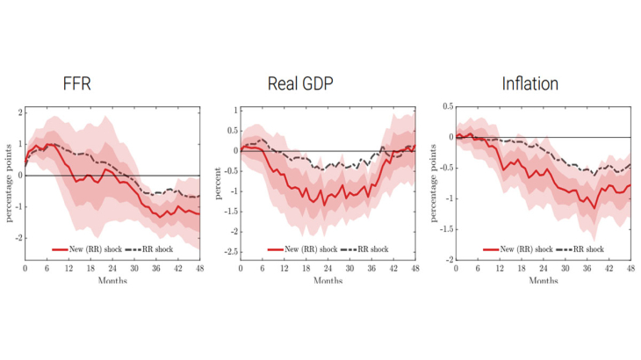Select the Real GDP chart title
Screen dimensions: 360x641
(x=301, y=84)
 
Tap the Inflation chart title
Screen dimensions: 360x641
(x=530, y=84)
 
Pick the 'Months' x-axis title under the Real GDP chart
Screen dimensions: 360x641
(x=328, y=281)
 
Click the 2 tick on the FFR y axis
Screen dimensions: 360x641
(x=18, y=112)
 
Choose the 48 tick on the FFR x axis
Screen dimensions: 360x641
(x=200, y=268)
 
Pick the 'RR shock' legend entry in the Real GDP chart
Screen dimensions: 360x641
(x=372, y=249)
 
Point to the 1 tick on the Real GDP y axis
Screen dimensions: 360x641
(x=235, y=111)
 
